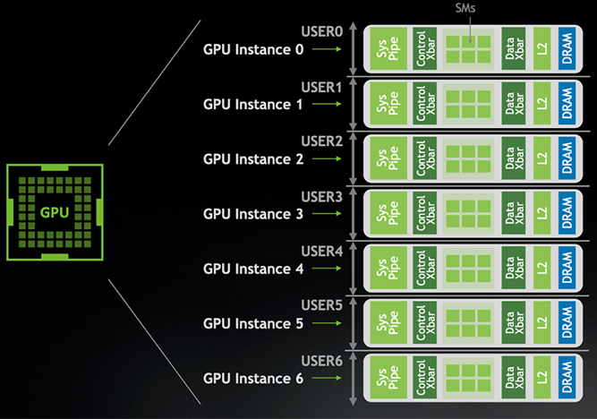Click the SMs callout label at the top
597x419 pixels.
[x=465, y=8]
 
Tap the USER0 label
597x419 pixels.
[x=321, y=31]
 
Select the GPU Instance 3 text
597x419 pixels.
[x=253, y=214]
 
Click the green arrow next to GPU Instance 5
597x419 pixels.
[x=327, y=323]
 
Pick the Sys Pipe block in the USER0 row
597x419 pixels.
[x=388, y=48]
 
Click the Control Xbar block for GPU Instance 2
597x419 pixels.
[x=424, y=158]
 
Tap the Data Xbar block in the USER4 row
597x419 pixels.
[x=514, y=268]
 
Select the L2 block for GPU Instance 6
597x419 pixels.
[x=542, y=378]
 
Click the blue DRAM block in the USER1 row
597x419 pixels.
[x=567, y=103]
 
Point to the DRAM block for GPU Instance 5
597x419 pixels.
[x=567, y=322]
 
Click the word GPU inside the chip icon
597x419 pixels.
[x=55, y=212]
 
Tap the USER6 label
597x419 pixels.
[x=321, y=361]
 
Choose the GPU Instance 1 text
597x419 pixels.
[x=252, y=104]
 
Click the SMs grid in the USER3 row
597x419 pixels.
[x=468, y=213]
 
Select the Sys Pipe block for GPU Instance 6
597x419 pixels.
[x=388, y=378]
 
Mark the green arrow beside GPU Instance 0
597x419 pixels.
[x=327, y=48]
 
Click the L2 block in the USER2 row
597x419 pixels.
[x=542, y=158]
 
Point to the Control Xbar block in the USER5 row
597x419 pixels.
[x=424, y=322]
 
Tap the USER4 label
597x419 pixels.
[x=321, y=252]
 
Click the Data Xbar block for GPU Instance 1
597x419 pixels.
[x=514, y=103]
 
